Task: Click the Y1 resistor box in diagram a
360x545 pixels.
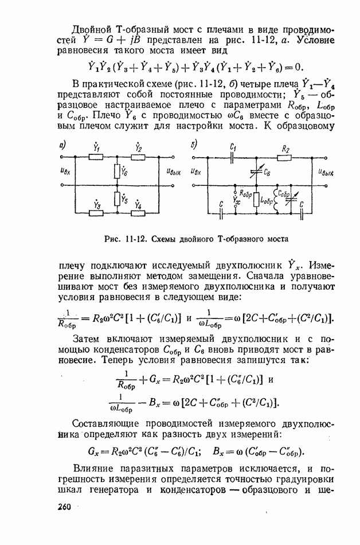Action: (96, 157)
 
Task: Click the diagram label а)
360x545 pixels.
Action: (64, 145)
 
